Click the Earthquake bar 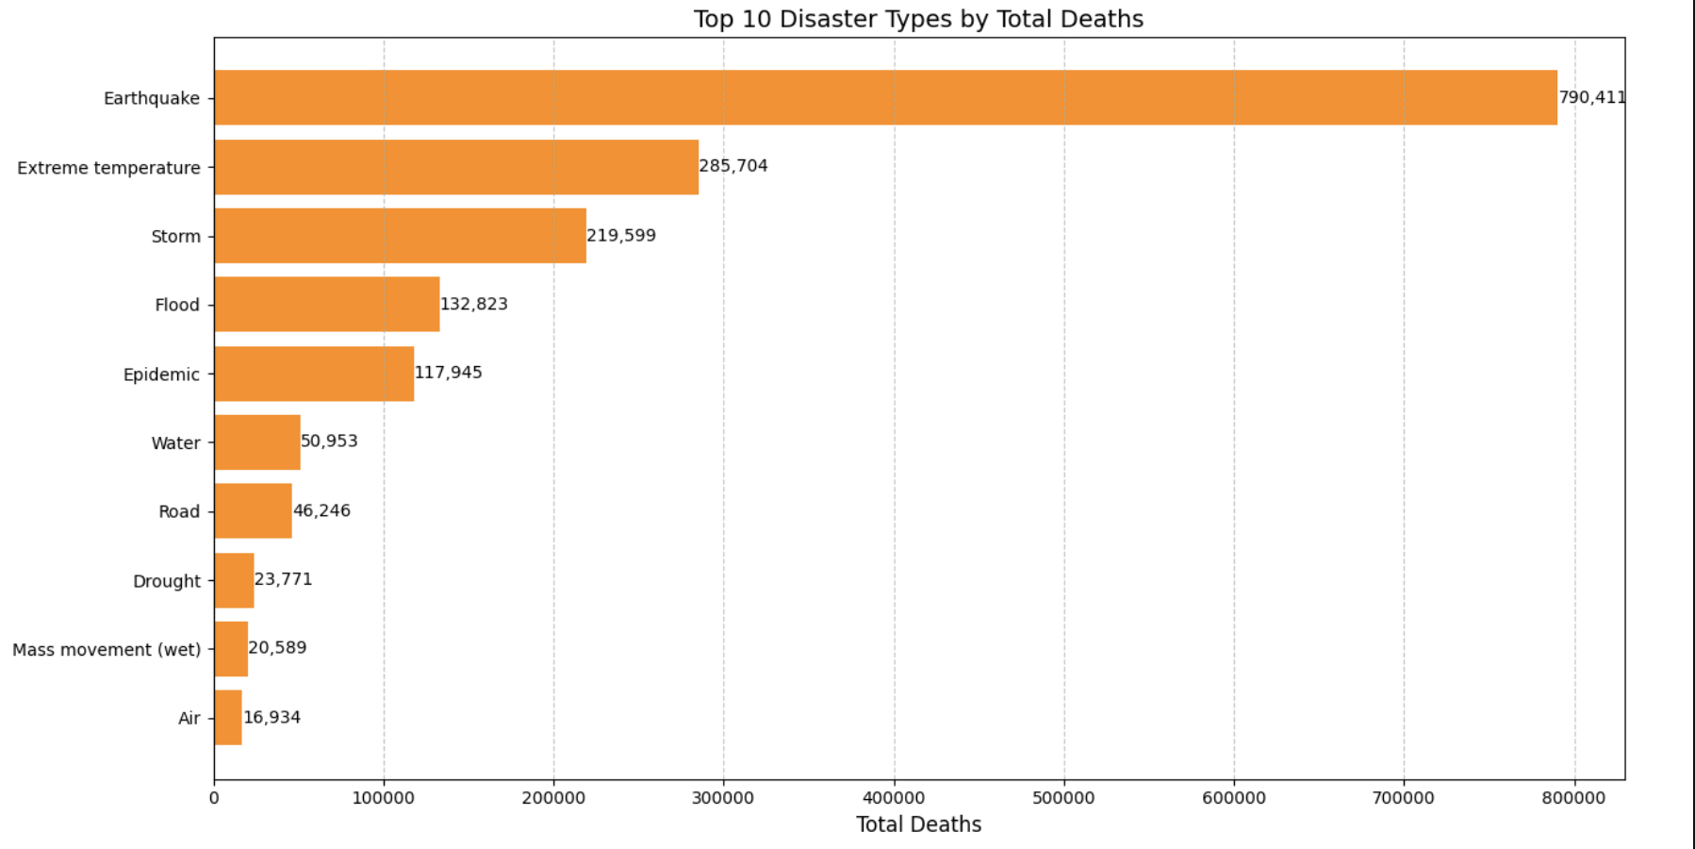885,97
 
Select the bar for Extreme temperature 456,167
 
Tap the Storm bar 400,236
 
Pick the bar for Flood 326,304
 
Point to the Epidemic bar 314,374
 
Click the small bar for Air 228,718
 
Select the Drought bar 234,580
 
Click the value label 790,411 1591,97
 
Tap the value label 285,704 733,166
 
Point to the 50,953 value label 329,441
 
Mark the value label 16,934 272,717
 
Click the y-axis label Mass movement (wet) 107,650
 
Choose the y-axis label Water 175,443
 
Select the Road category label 179,511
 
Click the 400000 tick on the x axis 894,798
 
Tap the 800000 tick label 1573,798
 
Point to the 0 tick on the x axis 214,798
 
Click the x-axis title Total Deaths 918,824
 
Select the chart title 918,19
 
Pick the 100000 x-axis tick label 384,798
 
